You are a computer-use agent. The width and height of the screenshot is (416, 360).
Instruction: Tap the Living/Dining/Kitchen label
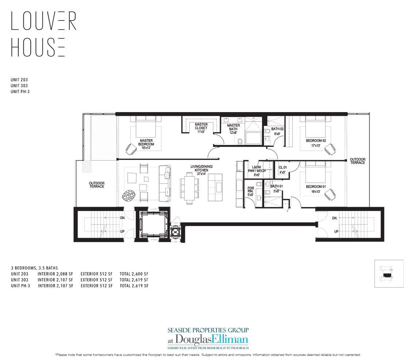[201, 171]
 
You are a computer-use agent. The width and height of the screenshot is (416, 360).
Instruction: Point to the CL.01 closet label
[282, 169]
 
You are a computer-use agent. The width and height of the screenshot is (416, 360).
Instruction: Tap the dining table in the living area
[190, 188]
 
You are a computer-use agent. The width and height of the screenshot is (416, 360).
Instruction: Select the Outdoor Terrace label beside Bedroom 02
[357, 161]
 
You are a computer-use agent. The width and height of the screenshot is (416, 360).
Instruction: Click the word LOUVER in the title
[43, 21]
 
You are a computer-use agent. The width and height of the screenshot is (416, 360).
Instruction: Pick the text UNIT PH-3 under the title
[20, 92]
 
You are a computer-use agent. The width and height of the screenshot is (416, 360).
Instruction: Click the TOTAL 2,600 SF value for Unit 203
[134, 273]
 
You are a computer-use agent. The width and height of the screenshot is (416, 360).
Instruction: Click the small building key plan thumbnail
[389, 274]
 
